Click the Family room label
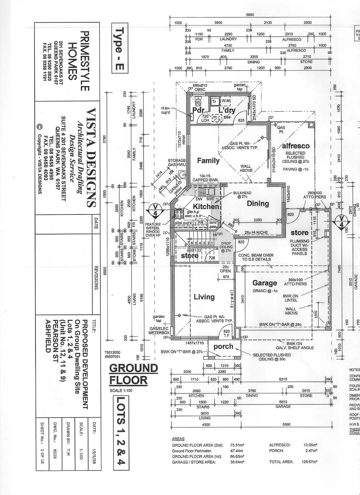(208, 160)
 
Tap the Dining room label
(258, 203)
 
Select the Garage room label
(264, 283)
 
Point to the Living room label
(204, 297)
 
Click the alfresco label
(296, 146)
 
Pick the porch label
(223, 346)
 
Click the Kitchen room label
(206, 206)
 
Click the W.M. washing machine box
(226, 101)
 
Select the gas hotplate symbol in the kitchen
(178, 214)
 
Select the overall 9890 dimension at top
(250, 15)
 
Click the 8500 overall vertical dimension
(105, 272)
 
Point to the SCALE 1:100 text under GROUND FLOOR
(121, 390)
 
